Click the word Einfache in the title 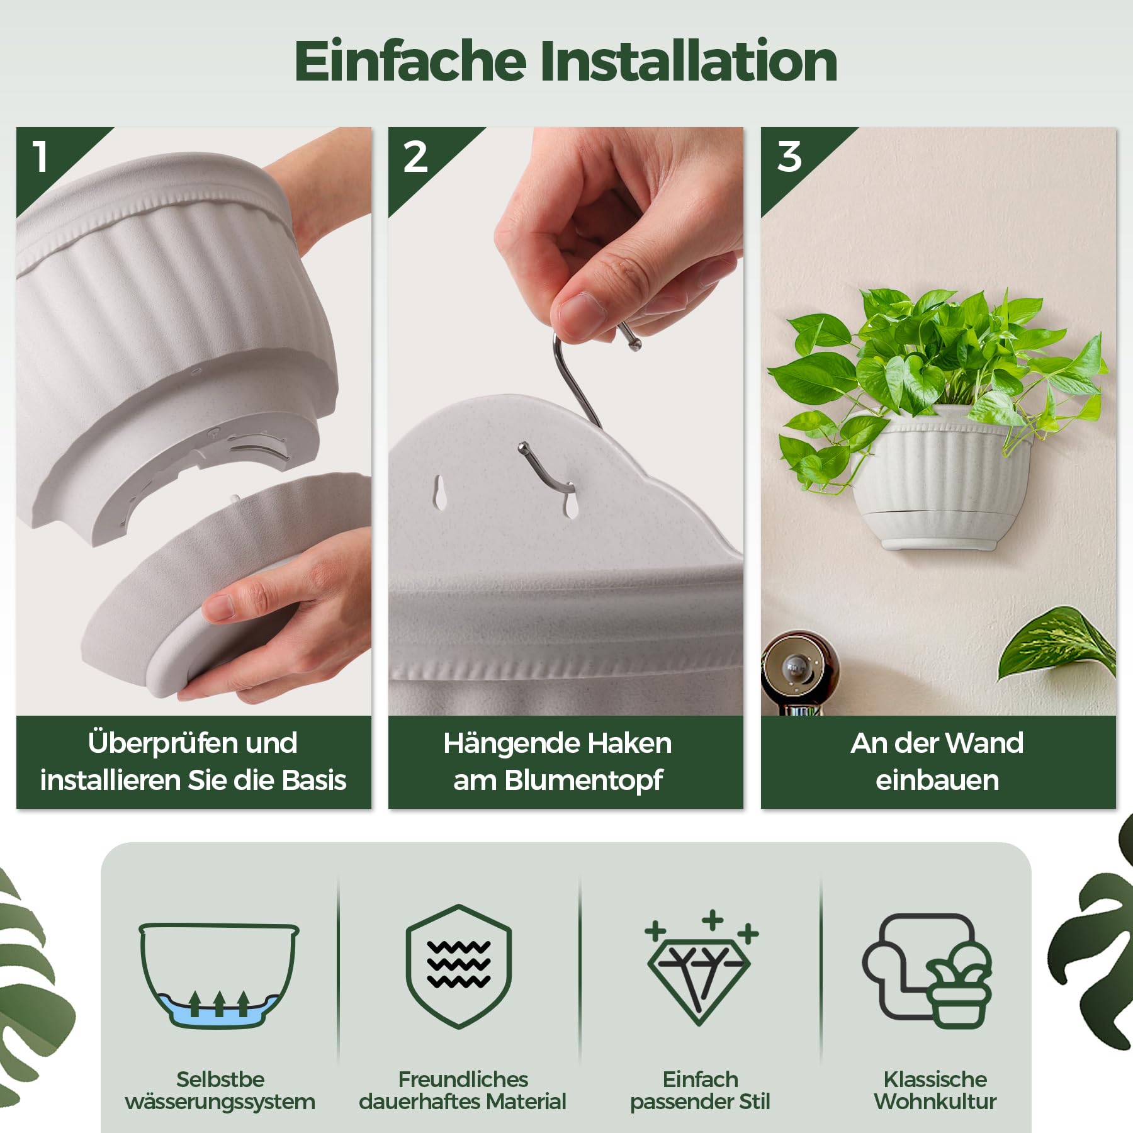pyautogui.click(x=410, y=60)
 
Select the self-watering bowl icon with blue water pyautogui.click(x=219, y=975)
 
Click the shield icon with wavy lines pyautogui.click(x=459, y=966)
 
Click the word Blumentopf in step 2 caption pyautogui.click(x=583, y=781)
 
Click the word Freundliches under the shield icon pyautogui.click(x=463, y=1079)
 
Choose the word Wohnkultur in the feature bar pyautogui.click(x=935, y=1102)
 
